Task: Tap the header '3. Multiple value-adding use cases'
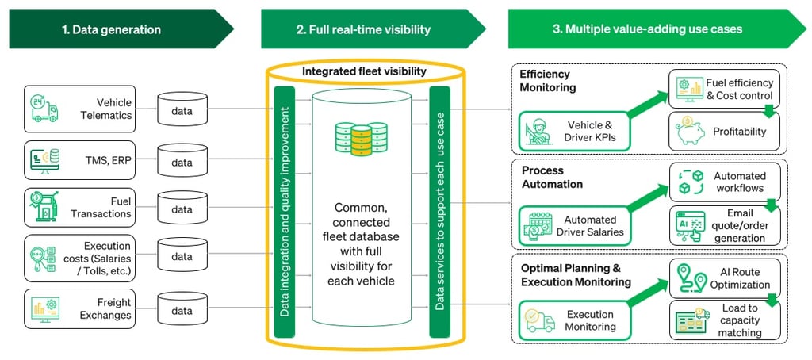click(x=647, y=29)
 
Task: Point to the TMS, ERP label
click(x=110, y=159)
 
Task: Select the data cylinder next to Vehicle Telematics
click(x=182, y=111)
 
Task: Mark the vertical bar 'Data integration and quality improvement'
click(x=285, y=209)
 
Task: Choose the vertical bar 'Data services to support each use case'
click(x=439, y=209)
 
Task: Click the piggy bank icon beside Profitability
click(x=687, y=130)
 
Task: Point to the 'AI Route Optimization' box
click(x=723, y=277)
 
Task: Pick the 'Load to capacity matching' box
click(x=723, y=320)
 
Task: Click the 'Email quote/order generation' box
click(x=723, y=225)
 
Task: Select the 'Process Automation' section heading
click(x=552, y=177)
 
